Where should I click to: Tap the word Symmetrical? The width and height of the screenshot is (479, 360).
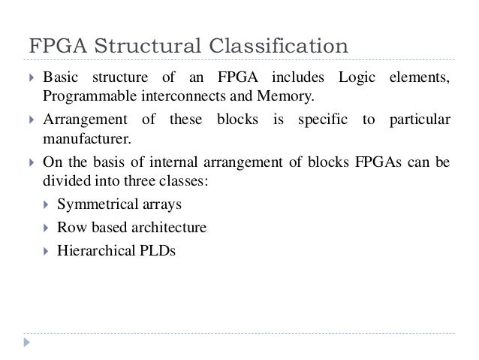95,204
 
